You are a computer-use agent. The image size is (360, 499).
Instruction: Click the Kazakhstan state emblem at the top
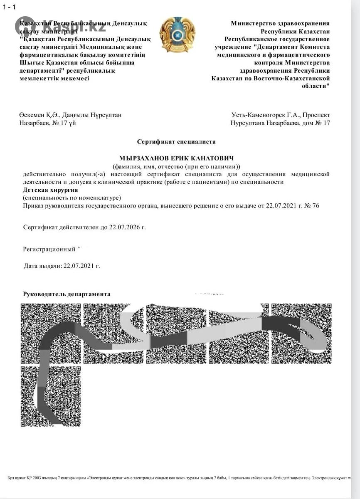coord(177,35)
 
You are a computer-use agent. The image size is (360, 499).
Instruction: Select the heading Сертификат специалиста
coord(176,142)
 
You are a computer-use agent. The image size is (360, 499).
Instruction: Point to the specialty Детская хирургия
coord(50,190)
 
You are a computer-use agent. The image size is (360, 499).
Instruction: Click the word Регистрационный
coord(49,249)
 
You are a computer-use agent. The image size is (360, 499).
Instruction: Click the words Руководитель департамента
coord(67,294)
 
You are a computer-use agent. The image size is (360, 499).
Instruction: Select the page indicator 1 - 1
coord(9,7)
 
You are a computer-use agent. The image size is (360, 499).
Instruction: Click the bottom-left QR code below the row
coord(51,396)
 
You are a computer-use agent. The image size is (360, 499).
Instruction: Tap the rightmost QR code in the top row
coord(301,333)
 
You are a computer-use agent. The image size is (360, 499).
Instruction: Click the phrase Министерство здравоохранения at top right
coord(280,24)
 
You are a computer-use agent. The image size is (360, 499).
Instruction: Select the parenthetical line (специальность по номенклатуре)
coord(72,198)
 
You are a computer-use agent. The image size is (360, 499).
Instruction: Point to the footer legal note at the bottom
coord(179,478)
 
